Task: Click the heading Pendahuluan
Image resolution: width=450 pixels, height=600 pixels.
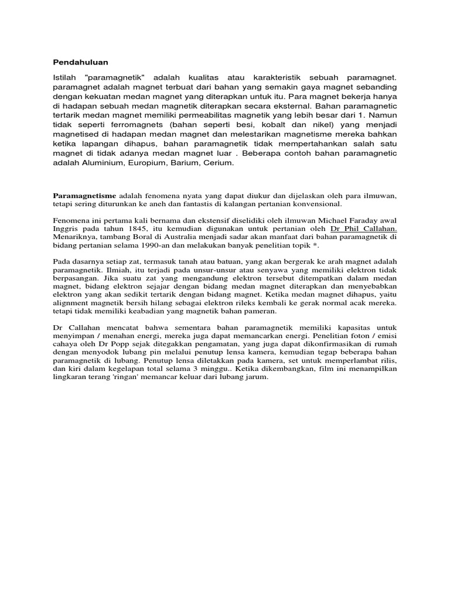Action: click(x=81, y=62)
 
